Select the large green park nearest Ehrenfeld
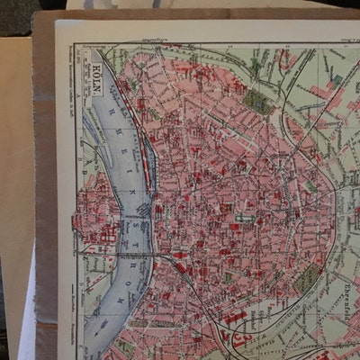pos(306,278)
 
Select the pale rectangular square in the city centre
pos(244,217)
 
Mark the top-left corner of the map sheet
pos(57,22)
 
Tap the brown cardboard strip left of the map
pos(43,180)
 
